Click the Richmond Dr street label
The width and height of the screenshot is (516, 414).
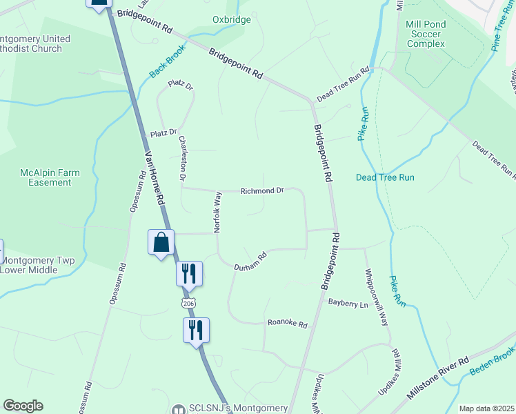[x=262, y=190]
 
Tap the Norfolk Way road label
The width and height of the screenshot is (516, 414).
[x=217, y=210]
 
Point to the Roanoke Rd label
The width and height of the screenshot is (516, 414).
[x=287, y=322]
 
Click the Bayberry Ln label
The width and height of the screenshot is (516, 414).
[x=348, y=302]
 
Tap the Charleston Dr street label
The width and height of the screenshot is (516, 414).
[x=183, y=158]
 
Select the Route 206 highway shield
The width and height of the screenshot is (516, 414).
[x=188, y=303]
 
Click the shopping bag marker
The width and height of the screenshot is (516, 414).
[x=161, y=243]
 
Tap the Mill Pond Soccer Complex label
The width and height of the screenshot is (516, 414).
[x=426, y=33]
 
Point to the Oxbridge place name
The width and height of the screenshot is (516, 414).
[x=232, y=19]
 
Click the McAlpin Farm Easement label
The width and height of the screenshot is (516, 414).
[x=46, y=177]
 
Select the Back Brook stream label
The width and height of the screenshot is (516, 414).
[x=165, y=66]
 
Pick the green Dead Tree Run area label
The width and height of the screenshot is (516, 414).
[x=385, y=177]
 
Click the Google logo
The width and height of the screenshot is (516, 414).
[x=23, y=406]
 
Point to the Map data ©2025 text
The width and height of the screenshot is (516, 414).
[x=486, y=408]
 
